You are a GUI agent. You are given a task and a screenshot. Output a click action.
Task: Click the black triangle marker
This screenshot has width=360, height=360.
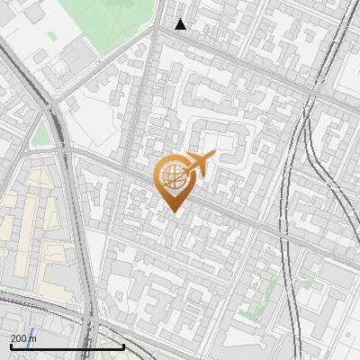[x=181, y=24]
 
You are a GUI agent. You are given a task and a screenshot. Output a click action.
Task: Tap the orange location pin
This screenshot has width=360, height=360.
[x=175, y=181]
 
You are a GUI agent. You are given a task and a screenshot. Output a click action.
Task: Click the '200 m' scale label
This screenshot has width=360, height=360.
[x=22, y=337]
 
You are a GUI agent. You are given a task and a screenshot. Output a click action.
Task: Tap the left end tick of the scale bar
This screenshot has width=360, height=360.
[x=11, y=346]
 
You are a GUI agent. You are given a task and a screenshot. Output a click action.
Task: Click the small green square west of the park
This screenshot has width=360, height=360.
[x=51, y=37]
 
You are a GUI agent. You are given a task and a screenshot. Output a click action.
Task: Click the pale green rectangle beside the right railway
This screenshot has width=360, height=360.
[x=310, y=282]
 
